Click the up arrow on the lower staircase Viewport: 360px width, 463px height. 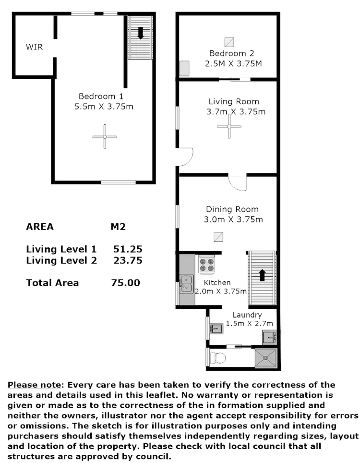point(262,275)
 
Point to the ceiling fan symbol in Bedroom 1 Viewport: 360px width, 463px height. point(104,138)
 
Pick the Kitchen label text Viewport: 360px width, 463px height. point(216,282)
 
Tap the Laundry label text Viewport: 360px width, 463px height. point(246,316)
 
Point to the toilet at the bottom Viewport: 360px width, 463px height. point(217,356)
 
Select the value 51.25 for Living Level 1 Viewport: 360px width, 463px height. point(128,249)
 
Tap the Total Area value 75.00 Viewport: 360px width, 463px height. point(126,283)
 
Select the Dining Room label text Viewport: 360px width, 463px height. point(233,209)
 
